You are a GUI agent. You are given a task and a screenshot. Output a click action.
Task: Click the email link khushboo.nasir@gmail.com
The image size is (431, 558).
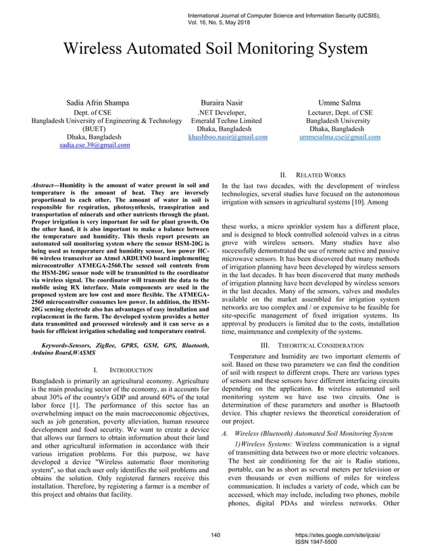[228, 136]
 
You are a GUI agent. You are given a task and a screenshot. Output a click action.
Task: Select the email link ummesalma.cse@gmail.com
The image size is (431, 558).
[339, 136]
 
